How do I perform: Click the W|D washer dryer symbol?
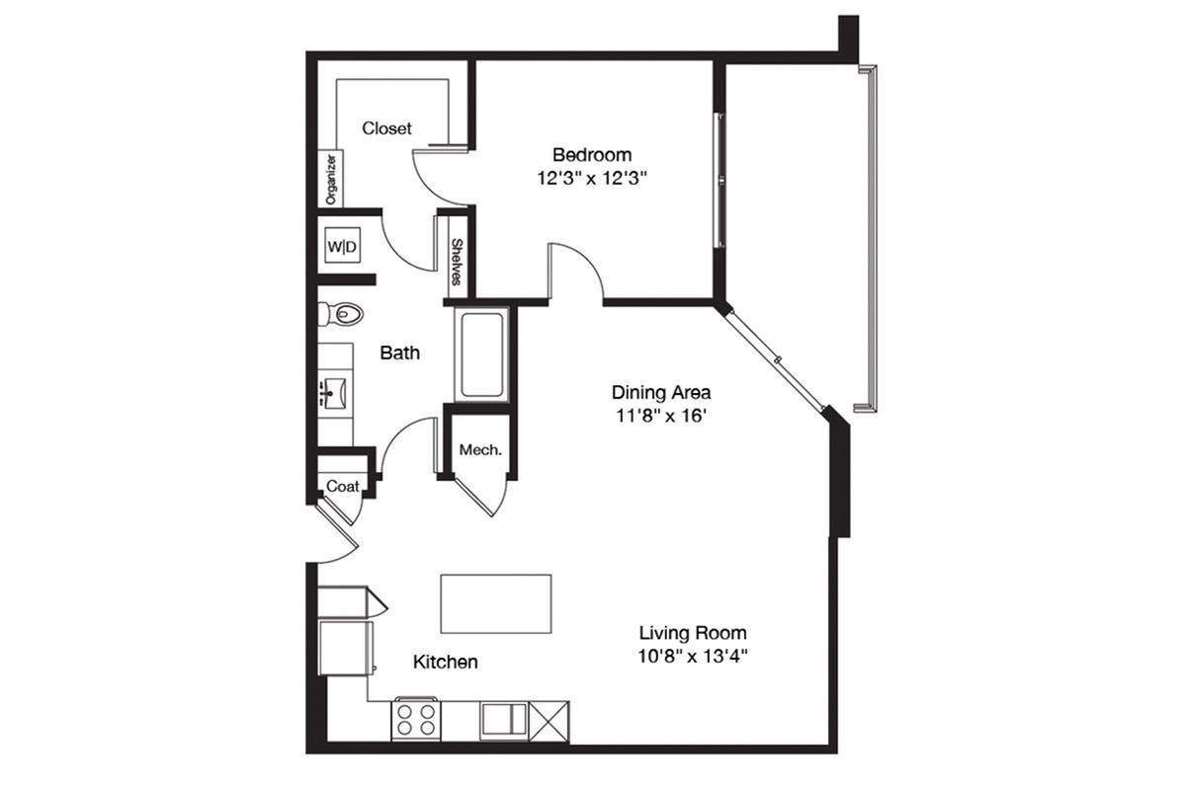[x=342, y=246]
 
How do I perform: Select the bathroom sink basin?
[x=332, y=392]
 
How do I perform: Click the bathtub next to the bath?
[x=482, y=355]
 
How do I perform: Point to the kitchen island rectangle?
[x=496, y=603]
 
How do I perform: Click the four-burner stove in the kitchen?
[x=416, y=719]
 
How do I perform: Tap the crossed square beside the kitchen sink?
[x=549, y=722]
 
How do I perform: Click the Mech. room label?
[x=480, y=450]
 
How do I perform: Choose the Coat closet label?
[x=343, y=486]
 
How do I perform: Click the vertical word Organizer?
[x=330, y=179]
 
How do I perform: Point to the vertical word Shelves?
[x=457, y=262]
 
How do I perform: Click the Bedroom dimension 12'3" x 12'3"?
[x=592, y=179]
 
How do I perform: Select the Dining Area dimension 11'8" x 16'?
[x=661, y=416]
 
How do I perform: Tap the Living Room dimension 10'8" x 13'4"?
[x=693, y=656]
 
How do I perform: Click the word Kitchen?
[x=445, y=662]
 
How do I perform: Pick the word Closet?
[x=387, y=128]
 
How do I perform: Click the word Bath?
[x=400, y=353]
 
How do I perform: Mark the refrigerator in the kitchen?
[x=346, y=648]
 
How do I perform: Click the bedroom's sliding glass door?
[x=719, y=180]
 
